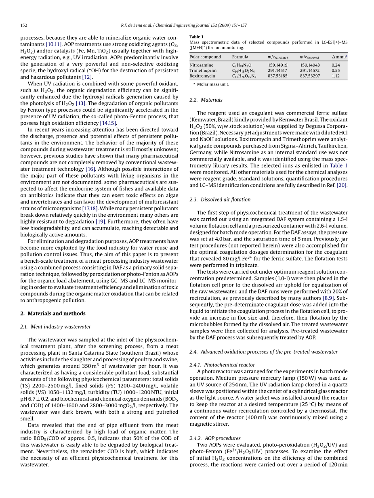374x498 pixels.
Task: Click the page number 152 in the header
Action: pyautogui.click(x=23, y=25)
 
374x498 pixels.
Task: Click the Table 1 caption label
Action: pyautogui.click(x=197, y=37)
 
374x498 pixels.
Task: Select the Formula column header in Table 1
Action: pyautogui.click(x=240, y=57)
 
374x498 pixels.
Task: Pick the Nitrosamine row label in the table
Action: pyautogui.click(x=202, y=65)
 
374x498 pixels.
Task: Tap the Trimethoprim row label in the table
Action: pyautogui.click(x=203, y=71)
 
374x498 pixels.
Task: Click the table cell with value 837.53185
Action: pyautogui.click(x=277, y=76)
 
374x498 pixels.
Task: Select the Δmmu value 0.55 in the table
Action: pyautogui.click(x=336, y=71)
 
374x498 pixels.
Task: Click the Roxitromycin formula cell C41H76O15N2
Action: pyautogui.click(x=244, y=76)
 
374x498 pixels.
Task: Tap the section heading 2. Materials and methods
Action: pyautogui.click(x=53, y=314)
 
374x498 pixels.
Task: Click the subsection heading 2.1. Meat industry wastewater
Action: pyautogui.click(x=55, y=326)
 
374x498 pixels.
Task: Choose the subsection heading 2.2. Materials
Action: pyautogui.click(x=206, y=100)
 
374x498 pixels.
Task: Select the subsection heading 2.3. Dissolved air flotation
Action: pyautogui.click(x=220, y=199)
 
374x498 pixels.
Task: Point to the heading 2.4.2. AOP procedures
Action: pyautogui.click(x=215, y=438)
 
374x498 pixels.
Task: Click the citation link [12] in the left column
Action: pyautogui.click(x=87, y=77)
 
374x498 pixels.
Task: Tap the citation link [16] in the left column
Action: pyautogui.click(x=90, y=169)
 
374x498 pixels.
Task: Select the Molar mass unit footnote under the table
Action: pyautogui.click(x=211, y=84)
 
